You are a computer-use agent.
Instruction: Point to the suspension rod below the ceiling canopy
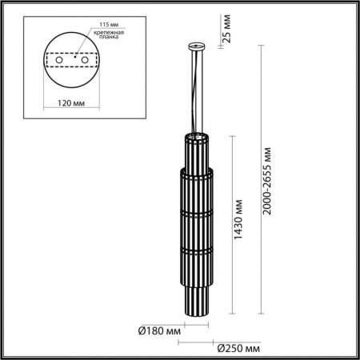pyautogui.click(x=195, y=88)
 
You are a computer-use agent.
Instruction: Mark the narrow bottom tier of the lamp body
pyautogui.click(x=195, y=296)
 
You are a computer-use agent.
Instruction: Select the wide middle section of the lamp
pyautogui.click(x=195, y=224)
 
